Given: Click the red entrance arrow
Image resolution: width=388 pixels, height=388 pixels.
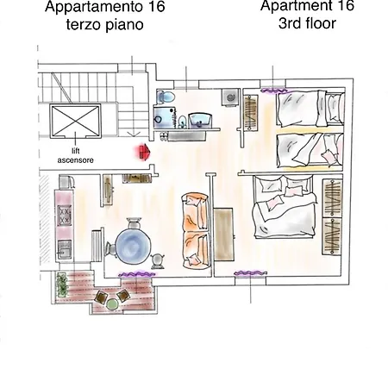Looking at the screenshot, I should coord(142,152).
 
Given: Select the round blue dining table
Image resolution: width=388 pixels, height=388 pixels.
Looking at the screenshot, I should coord(134,241).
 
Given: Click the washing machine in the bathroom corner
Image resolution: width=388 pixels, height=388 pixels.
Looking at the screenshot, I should coord(229,98).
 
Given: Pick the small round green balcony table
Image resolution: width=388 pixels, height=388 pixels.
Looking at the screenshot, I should coord(112,303).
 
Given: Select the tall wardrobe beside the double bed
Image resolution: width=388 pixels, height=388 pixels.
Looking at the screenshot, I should coord(331,217).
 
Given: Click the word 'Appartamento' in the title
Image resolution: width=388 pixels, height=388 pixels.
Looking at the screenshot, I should coord(85,8).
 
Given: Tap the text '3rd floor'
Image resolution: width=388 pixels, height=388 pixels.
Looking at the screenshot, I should coord(307,25).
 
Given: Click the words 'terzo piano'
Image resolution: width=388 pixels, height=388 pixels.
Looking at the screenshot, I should coord(103,26).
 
